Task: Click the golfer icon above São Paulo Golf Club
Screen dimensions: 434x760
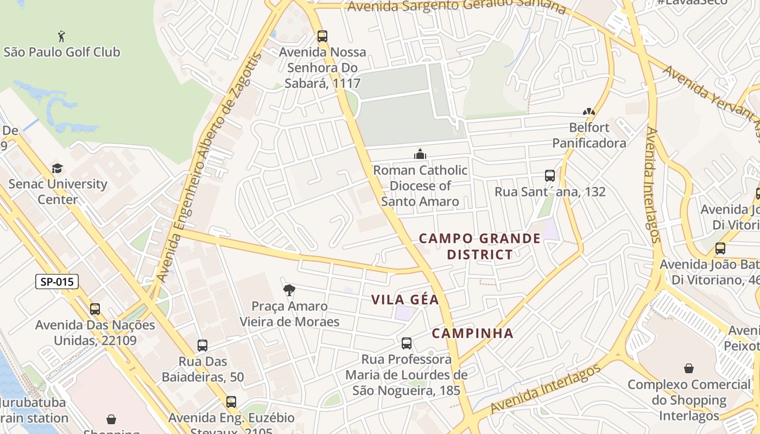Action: pos(62,36)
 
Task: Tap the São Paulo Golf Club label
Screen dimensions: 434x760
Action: pos(62,52)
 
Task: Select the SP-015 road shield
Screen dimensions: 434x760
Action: pos(57,282)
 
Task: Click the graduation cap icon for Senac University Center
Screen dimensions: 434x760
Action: pos(57,168)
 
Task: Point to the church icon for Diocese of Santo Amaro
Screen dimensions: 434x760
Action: pos(420,155)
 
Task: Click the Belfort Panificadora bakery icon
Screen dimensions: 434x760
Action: pos(589,112)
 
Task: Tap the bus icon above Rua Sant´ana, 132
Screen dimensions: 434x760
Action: pos(550,176)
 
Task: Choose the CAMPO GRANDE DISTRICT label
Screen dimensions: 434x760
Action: pos(480,246)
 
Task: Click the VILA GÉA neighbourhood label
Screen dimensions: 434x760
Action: pos(405,299)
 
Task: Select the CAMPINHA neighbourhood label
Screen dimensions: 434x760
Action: pos(472,333)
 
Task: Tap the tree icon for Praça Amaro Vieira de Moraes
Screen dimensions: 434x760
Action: pos(289,290)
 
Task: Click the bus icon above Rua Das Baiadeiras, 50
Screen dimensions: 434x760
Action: pos(202,346)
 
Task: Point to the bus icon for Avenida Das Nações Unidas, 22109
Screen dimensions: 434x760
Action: pos(95,309)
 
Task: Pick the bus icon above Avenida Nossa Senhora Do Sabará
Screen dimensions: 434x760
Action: pos(322,36)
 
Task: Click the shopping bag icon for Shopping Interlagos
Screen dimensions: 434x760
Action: pos(688,369)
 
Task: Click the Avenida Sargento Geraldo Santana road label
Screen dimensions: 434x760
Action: pos(456,7)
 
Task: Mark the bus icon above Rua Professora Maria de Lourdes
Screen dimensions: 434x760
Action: pos(407,343)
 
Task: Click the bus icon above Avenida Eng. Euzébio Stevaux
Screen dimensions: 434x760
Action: pos(231,402)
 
